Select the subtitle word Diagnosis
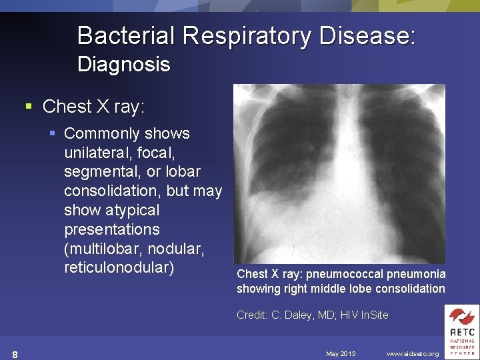(124, 65)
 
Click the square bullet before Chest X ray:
(29, 107)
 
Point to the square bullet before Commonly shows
(53, 133)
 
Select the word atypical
(133, 211)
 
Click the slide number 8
(15, 353)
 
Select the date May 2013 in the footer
(341, 353)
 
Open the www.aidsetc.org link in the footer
(413, 353)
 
